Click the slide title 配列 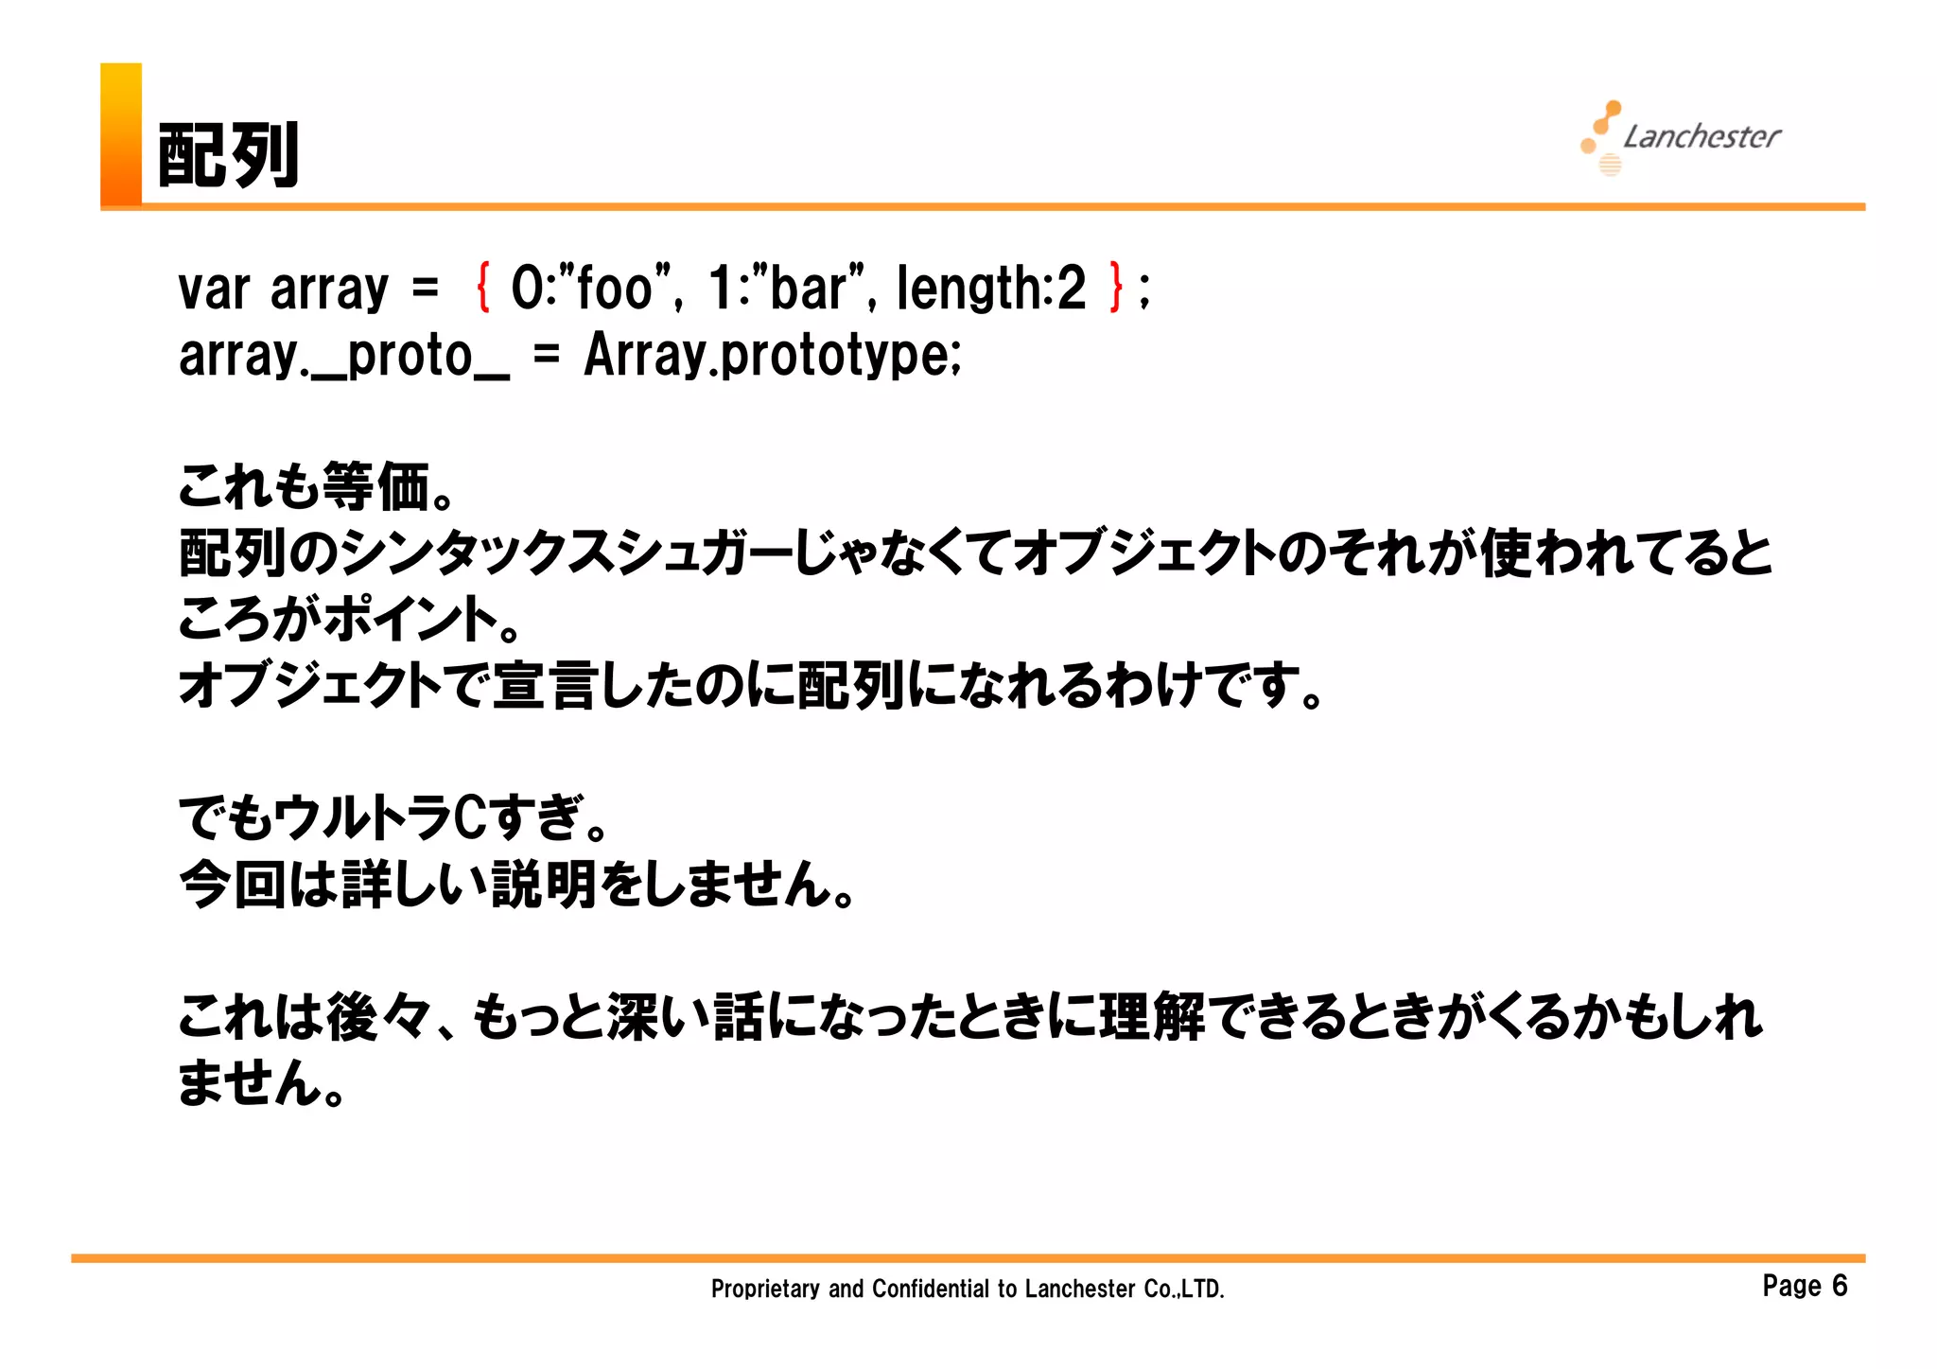[x=228, y=155]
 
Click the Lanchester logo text [x=1701, y=137]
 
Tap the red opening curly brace [x=483, y=288]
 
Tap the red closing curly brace [x=1116, y=288]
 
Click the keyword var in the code [x=214, y=290]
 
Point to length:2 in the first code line [x=991, y=288]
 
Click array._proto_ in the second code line [x=344, y=357]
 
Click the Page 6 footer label [x=1805, y=1286]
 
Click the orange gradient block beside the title [x=121, y=133]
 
